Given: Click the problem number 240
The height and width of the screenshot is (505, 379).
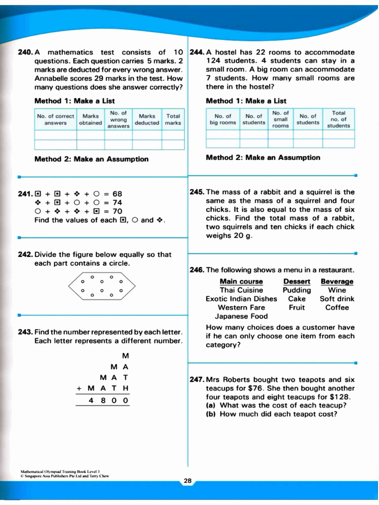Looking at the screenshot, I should (25, 52).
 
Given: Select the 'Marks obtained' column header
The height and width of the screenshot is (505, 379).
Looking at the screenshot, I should (90, 119).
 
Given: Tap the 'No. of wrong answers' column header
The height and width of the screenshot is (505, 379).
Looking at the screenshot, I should (118, 119).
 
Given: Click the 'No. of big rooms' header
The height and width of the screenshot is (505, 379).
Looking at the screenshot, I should (223, 119).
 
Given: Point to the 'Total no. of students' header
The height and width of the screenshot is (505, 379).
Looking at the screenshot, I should (339, 119).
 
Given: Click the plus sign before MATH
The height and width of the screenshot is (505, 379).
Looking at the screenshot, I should (78, 389).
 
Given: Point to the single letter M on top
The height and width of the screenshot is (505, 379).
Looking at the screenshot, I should (125, 356).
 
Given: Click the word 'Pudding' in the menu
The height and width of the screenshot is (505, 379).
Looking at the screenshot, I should (297, 290).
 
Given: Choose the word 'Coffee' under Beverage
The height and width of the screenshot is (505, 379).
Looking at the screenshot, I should (337, 308).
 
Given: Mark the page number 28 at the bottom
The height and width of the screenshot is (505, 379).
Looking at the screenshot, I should (188, 481).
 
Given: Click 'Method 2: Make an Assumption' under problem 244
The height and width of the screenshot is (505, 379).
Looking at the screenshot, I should (263, 158).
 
